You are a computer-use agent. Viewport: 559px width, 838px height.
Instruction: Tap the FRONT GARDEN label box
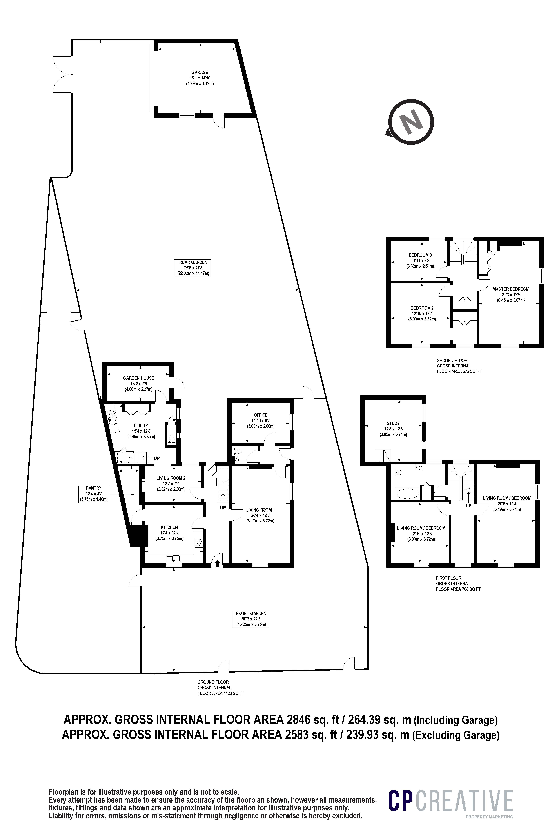click(x=251, y=619)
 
